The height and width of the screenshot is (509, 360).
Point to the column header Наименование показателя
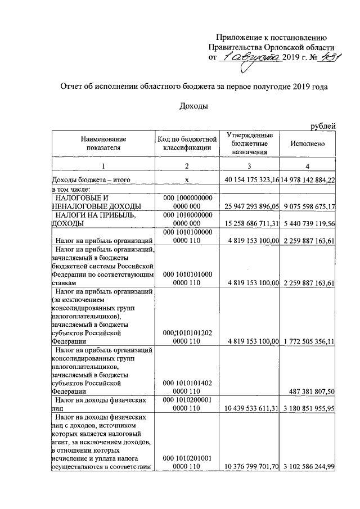(x=103, y=143)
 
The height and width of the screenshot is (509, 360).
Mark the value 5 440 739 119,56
(x=308, y=223)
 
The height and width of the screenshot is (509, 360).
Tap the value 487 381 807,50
(x=309, y=391)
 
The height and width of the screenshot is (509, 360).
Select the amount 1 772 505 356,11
(x=308, y=341)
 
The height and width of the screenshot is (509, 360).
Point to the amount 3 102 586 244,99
(x=308, y=467)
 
